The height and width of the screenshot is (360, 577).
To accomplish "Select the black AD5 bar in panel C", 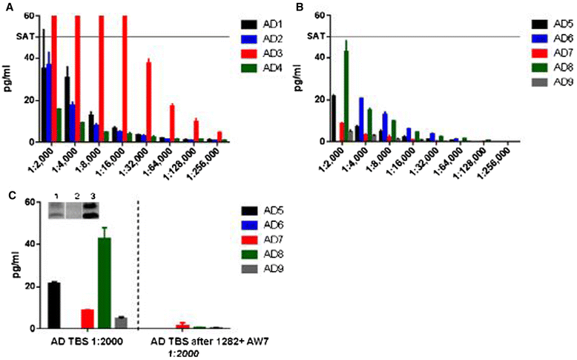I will pos(53,305).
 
